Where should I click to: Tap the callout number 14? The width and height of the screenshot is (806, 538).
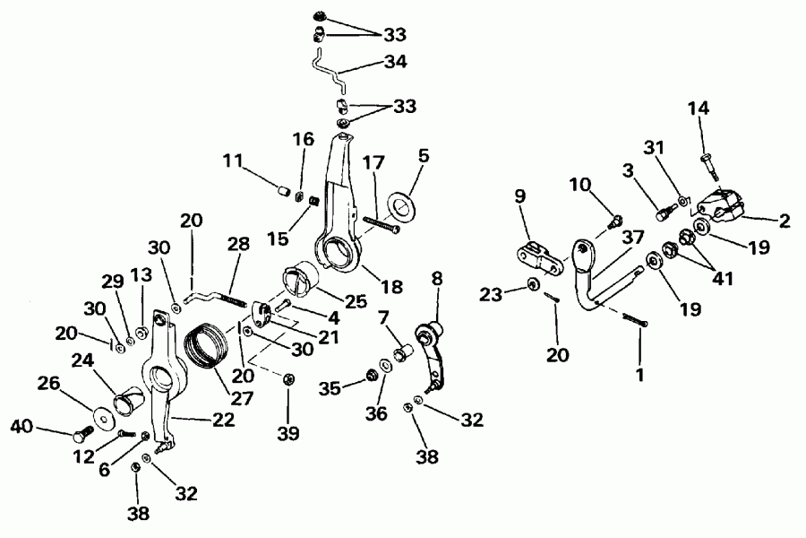click(698, 109)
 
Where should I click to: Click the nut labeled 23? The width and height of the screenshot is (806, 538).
click(532, 285)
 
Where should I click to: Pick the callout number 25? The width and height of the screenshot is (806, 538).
click(356, 302)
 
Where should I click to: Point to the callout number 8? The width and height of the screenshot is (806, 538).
click(436, 280)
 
